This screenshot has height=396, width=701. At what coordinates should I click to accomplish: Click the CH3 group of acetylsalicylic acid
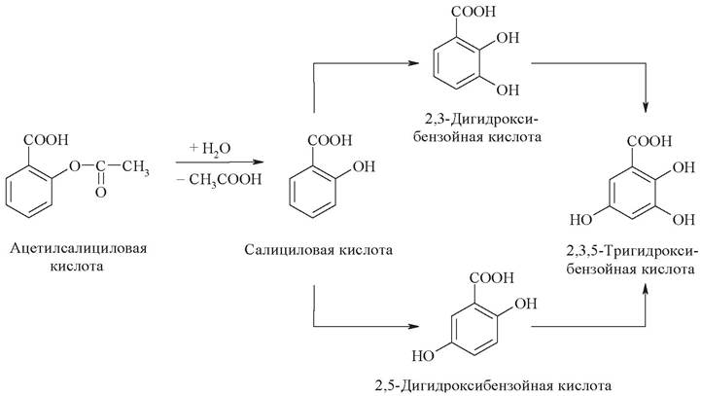coord(136,168)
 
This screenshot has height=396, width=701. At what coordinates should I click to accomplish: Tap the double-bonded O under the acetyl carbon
coord(101,193)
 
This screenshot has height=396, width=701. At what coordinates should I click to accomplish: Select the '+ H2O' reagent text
coord(210,148)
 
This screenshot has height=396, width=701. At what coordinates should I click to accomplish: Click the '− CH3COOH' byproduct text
coord(219,180)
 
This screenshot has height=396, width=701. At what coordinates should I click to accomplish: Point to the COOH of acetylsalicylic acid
coord(46,140)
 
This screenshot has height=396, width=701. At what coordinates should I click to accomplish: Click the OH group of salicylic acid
coord(364,167)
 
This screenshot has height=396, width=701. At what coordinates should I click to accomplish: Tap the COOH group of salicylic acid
coord(330,140)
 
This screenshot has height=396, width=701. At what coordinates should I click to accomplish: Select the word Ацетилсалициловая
coord(78,248)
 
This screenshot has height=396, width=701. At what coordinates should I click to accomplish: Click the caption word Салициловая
coord(289,250)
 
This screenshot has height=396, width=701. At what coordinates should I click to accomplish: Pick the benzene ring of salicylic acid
coord(312,193)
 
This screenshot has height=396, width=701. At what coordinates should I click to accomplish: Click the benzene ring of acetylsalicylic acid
coord(29,192)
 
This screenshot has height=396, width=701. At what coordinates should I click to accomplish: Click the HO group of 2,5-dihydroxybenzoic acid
coord(423,356)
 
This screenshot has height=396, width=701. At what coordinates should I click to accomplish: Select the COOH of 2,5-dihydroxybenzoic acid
coord(492,278)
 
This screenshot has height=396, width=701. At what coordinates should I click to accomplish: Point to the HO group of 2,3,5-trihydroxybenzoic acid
coord(581,220)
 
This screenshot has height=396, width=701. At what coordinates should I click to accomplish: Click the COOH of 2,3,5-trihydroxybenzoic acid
coord(649,141)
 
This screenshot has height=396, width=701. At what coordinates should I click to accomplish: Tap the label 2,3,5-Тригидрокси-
coord(631,252)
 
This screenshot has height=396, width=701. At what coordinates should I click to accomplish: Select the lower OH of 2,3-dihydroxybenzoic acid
coord(508,90)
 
